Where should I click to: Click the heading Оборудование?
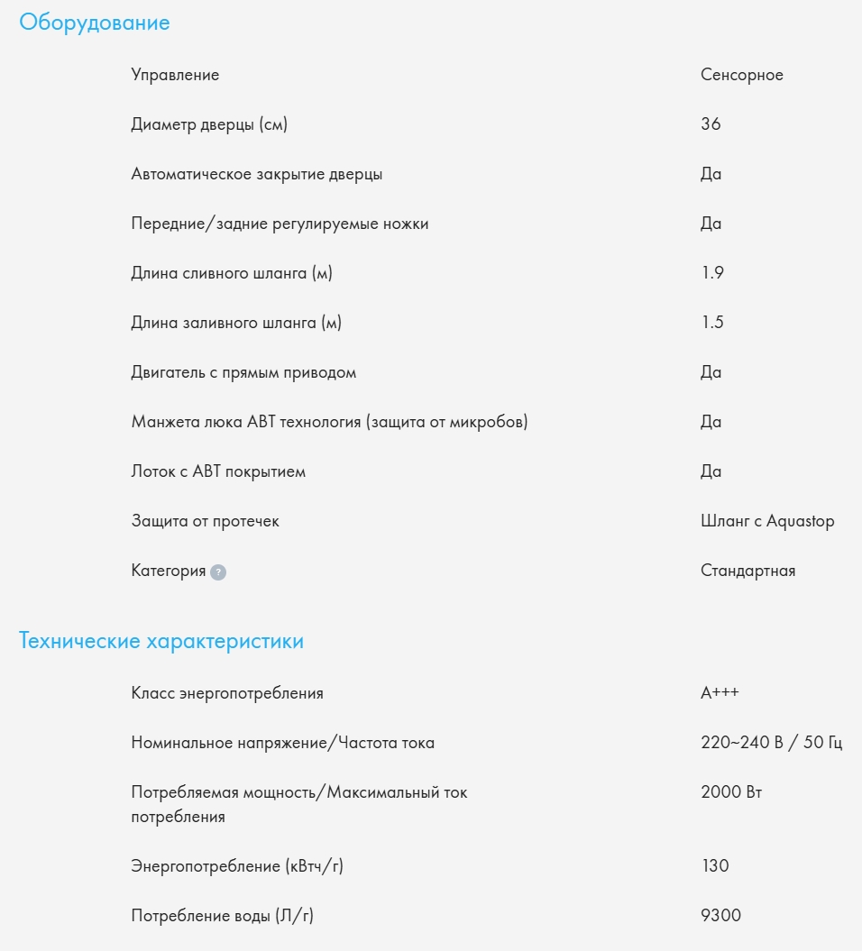95,23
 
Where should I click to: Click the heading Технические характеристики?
161,642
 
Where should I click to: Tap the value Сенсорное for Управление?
741,75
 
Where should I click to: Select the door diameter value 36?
711,124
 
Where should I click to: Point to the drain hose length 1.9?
711,273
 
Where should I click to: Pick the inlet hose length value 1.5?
711,323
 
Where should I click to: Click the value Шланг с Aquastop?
767,521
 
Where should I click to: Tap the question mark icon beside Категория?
218,572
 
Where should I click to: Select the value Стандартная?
747,571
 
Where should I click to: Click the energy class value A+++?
720,693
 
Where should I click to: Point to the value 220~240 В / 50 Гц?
771,743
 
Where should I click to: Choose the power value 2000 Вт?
731,792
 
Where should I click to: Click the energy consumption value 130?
714,866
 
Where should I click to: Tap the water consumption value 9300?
720,916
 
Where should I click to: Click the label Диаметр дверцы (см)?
209,124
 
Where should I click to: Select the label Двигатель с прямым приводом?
243,372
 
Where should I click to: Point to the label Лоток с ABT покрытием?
218,471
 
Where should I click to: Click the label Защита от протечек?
205,521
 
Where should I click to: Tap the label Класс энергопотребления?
227,693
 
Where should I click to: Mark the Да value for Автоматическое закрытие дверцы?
711,174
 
